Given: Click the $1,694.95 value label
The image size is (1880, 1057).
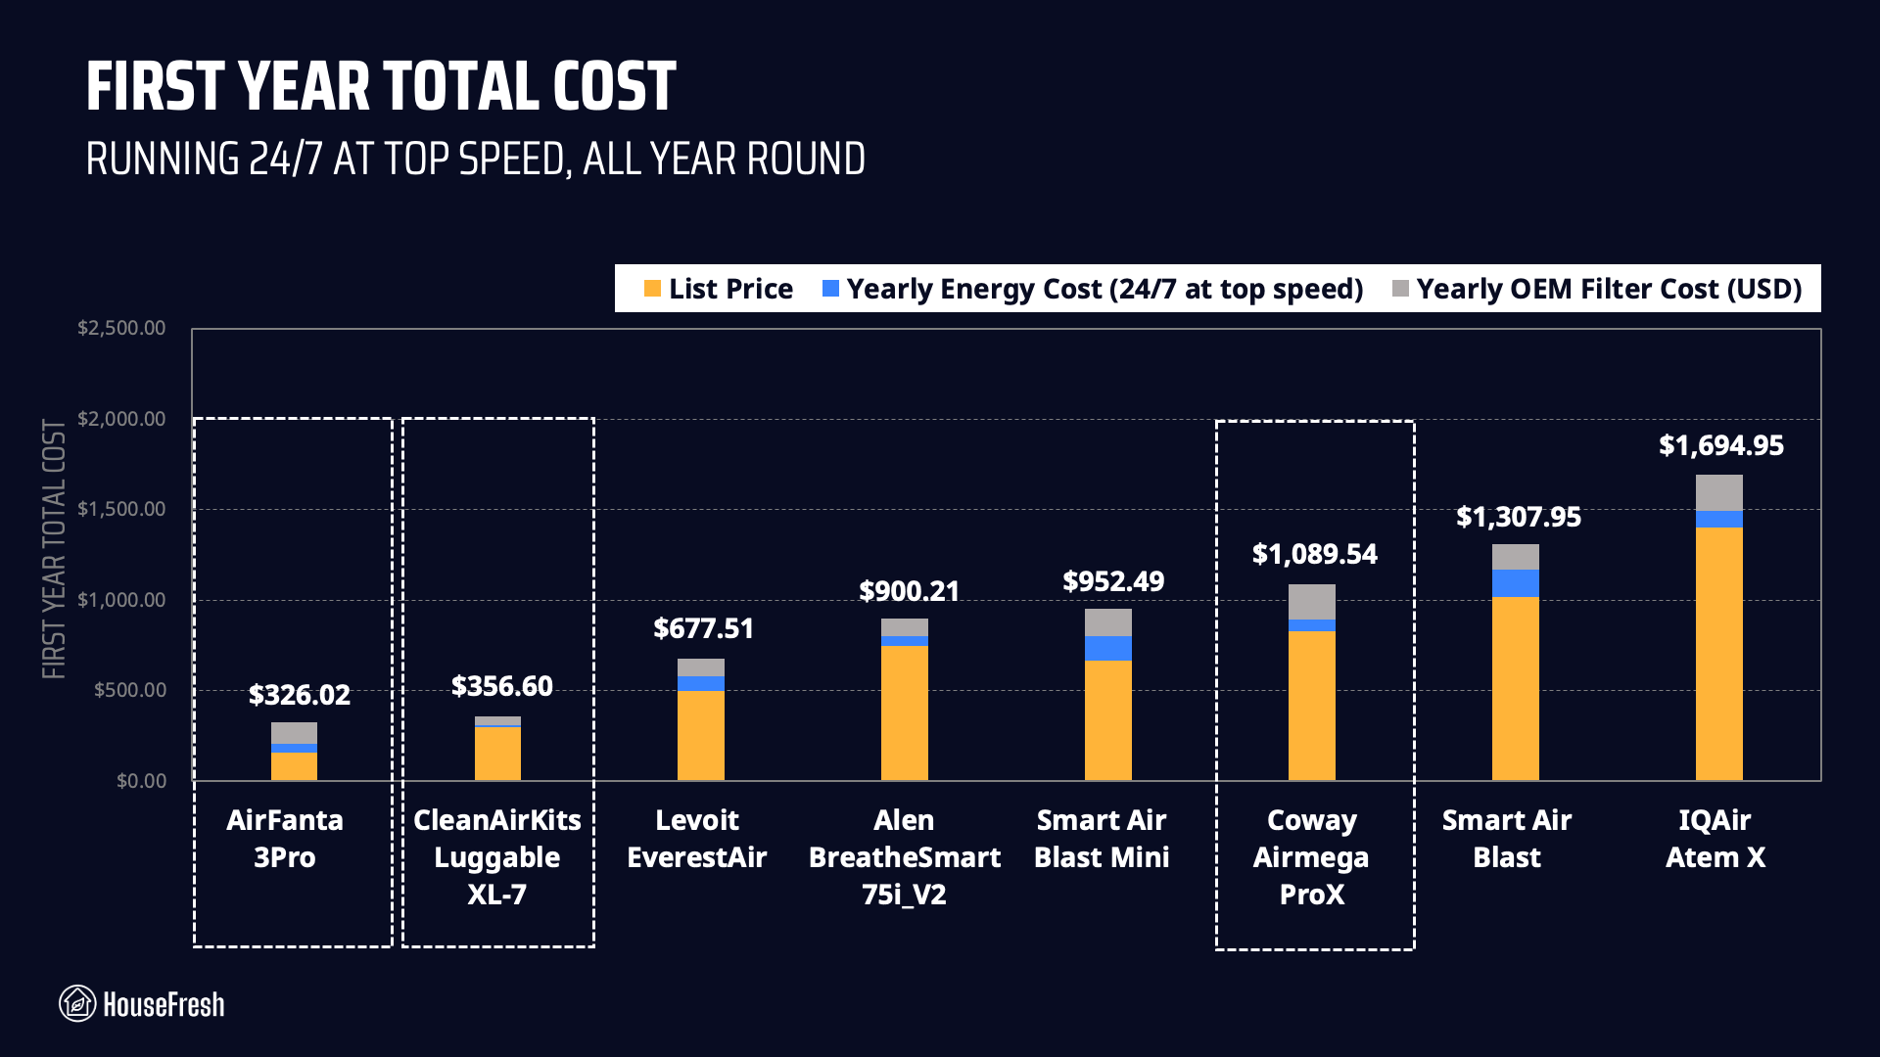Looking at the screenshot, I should [x=1720, y=446].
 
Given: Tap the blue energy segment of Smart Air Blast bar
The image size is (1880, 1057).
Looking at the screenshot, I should [x=1515, y=583].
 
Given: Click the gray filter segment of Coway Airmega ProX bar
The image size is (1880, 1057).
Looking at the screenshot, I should [x=1311, y=602].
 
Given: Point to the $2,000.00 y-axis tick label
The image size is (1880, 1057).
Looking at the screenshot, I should [x=121, y=419].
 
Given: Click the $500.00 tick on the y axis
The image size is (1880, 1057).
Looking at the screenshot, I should [x=129, y=690].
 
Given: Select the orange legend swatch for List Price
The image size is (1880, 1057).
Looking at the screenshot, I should [x=652, y=289].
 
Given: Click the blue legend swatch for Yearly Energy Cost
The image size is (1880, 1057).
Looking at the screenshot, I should [x=830, y=289].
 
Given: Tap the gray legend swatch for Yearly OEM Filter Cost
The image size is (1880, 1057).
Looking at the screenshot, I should [x=1400, y=289].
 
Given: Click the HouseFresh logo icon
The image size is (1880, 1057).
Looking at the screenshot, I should [x=77, y=1004].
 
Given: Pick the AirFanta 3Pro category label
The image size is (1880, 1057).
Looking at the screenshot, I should [x=285, y=839].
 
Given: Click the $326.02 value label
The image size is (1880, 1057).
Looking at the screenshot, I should [x=299, y=695].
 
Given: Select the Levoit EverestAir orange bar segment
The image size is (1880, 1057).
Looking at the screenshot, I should [x=700, y=735].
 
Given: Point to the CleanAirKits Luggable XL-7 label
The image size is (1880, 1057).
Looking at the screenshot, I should [x=497, y=857].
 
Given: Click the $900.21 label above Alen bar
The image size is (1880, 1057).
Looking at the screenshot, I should [x=909, y=591].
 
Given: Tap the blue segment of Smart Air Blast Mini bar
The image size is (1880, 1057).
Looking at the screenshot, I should [x=1107, y=648].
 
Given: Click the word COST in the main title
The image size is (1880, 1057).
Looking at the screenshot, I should [x=614, y=87].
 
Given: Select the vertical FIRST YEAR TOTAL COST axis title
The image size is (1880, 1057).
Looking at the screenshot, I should [x=54, y=550].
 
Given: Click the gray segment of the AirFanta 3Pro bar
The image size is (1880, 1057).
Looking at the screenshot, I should [x=294, y=733].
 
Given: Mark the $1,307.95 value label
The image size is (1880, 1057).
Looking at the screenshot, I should [x=1518, y=517].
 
